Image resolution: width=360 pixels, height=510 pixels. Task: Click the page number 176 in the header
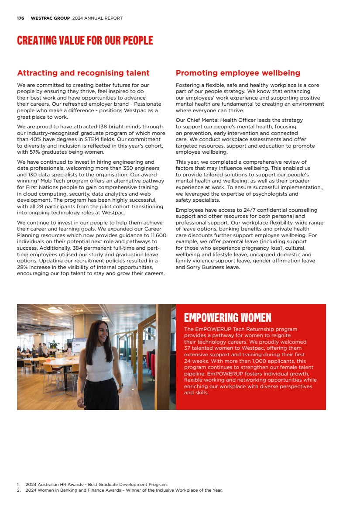(x=20, y=18)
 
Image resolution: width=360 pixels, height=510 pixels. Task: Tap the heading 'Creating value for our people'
(x=85, y=41)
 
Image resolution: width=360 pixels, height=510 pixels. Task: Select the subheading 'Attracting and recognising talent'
(x=83, y=73)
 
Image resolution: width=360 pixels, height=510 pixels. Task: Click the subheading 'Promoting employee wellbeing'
(x=238, y=73)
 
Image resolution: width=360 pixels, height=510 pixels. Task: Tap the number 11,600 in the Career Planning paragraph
(x=157, y=235)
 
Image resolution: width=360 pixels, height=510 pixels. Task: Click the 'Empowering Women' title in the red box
(x=227, y=317)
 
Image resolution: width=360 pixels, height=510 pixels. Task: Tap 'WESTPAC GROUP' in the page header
(x=50, y=18)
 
